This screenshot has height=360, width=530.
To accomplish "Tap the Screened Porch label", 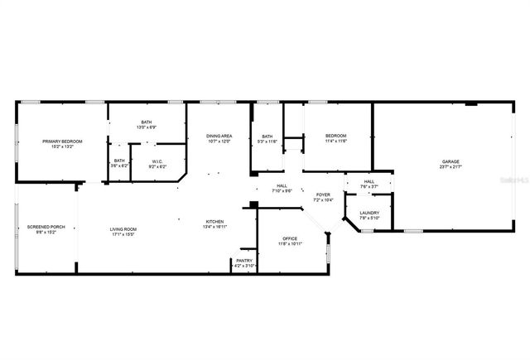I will [46, 227].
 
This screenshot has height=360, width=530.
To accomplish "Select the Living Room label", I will [124, 229].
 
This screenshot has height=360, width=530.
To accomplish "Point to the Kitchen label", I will [215, 221].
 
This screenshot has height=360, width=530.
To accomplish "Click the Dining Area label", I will [219, 136].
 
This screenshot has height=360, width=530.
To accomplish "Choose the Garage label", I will [450, 161].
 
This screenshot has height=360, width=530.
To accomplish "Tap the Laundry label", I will [369, 214].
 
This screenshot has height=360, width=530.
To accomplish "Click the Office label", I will [290, 238].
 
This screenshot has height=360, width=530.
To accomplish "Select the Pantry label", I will [244, 261].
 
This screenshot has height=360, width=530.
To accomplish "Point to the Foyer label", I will [323, 195].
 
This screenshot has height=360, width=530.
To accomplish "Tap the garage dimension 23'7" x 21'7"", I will [450, 166].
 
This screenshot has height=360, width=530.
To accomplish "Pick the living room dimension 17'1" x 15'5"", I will [124, 234].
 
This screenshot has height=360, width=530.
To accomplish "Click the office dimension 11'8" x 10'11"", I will [290, 243].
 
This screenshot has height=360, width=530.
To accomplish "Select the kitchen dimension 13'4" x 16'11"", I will [215, 226].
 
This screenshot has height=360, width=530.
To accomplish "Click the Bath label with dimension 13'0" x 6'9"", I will [146, 122].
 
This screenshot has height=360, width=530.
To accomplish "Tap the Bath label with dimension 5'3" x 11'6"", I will [267, 137].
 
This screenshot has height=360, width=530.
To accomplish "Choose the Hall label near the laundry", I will [369, 182].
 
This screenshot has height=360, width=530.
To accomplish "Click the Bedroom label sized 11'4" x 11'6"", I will [335, 136].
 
